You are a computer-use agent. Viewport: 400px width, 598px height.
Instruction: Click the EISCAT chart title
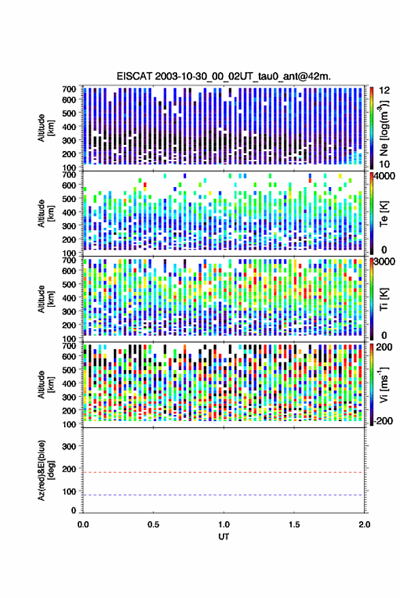(224, 76)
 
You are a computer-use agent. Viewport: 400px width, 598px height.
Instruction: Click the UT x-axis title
(224, 536)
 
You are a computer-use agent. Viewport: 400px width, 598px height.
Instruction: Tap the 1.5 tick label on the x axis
(294, 525)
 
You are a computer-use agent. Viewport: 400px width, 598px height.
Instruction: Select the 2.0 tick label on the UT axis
(365, 525)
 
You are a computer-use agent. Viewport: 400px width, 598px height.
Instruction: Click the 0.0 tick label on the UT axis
(83, 525)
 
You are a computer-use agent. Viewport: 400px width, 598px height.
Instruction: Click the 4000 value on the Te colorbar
(385, 177)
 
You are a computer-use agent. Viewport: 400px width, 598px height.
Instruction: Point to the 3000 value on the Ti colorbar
(385, 262)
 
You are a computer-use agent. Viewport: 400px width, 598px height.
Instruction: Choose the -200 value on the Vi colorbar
(384, 421)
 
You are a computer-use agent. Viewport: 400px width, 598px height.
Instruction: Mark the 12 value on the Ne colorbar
(385, 90)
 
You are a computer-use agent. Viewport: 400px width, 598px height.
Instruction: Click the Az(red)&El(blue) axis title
(45, 470)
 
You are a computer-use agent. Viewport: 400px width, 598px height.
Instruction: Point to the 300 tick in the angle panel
(69, 446)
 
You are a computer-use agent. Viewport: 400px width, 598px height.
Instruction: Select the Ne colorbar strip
(372, 128)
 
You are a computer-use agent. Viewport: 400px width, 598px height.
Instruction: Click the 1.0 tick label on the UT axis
(224, 525)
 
